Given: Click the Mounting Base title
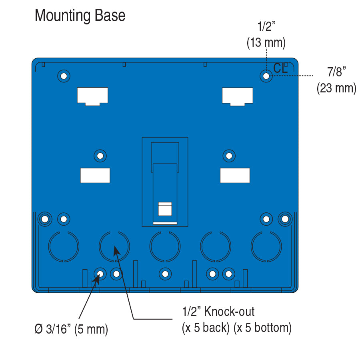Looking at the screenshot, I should click(80, 16).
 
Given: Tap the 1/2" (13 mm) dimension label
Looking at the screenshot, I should click(266, 36).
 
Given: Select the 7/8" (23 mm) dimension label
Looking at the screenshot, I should click(336, 80).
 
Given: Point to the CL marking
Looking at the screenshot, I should click(280, 68).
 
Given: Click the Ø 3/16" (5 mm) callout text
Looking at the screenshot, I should click(71, 330).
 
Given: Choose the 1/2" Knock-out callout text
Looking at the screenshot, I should click(236, 319).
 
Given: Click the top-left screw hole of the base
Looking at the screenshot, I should click(64, 76).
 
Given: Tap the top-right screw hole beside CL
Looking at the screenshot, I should click(266, 76).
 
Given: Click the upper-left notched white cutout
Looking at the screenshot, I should click(92, 96).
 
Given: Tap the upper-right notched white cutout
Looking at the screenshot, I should click(238, 96).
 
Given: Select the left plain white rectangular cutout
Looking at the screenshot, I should click(95, 175).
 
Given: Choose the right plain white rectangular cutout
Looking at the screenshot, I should click(235, 175).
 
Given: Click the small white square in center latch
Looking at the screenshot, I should click(165, 209).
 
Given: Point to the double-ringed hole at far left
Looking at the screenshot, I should click(45, 219).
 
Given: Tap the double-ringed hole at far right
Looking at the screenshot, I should click(285, 219).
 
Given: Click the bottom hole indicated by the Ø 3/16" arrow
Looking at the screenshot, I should click(100, 274).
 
